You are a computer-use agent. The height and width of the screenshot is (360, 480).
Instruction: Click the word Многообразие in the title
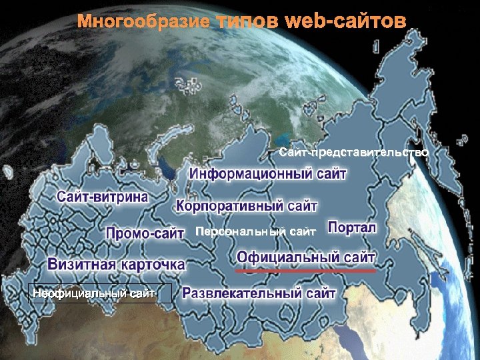point(144,22)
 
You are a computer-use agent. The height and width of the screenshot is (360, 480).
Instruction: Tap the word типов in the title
point(247,22)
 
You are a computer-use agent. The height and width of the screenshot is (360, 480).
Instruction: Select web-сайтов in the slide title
point(345,22)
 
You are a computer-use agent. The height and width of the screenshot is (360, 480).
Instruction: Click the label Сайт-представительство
point(353,153)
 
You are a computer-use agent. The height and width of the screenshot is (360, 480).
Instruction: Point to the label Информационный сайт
point(269,175)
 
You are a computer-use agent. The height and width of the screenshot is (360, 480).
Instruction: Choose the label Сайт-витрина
point(103,197)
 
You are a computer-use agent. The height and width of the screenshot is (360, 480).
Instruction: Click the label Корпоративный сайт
point(247,205)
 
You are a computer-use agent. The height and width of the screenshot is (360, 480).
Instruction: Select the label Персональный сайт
point(255,232)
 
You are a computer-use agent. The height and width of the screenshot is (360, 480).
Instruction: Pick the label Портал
point(352,228)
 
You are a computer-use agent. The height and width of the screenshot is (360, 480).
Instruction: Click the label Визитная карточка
point(116,264)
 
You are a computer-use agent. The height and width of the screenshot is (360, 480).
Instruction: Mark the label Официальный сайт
point(306,257)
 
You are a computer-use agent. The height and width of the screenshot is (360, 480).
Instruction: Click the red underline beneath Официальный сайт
point(306,271)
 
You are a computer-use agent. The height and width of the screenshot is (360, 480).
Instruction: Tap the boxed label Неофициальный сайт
point(100,293)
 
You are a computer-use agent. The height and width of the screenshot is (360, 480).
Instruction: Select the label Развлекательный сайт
point(259,293)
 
